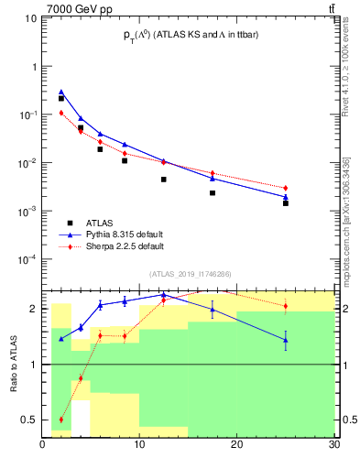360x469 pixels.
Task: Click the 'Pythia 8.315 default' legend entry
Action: (x=125, y=234)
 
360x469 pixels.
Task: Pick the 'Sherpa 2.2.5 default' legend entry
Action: (x=125, y=246)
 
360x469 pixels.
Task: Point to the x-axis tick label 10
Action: (x=139, y=446)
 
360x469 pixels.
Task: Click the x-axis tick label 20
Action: (x=236, y=446)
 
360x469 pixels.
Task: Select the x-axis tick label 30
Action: (x=333, y=446)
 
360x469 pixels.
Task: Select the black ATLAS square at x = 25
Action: (x=286, y=202)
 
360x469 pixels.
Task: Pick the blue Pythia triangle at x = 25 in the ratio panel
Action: (x=286, y=340)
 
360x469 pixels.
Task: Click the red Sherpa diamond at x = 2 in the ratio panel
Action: (x=61, y=420)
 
